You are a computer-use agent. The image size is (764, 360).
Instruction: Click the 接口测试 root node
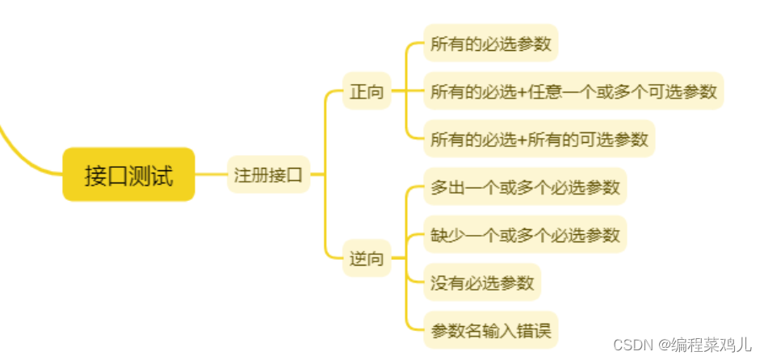point(129,174)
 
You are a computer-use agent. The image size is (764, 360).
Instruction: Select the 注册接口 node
point(268,174)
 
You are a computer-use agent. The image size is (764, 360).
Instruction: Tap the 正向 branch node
point(367,91)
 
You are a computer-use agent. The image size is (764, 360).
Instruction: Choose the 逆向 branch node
point(367,260)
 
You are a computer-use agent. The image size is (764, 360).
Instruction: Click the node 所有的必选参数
point(491,44)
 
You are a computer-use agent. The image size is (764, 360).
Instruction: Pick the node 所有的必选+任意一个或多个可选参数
point(573,91)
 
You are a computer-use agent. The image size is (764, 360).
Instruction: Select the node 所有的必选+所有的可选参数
point(539,139)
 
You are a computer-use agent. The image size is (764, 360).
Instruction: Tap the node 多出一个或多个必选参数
point(525,187)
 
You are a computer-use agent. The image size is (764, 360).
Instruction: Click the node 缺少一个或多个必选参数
point(525,235)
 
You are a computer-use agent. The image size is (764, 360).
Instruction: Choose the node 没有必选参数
point(482,283)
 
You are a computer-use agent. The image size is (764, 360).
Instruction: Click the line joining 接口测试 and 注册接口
point(211,174)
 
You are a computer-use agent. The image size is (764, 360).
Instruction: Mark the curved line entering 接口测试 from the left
point(24,149)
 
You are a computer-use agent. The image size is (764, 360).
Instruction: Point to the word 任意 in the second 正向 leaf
point(545,91)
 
